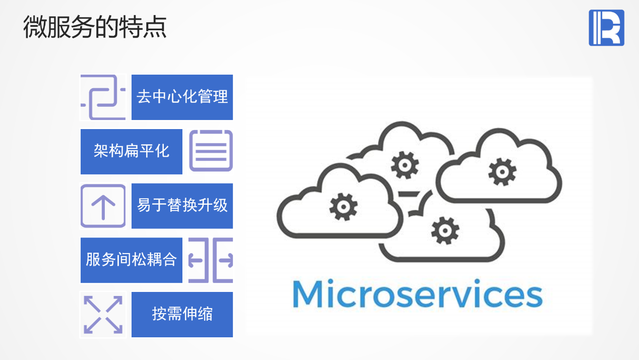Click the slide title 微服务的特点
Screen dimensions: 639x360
tap(95, 28)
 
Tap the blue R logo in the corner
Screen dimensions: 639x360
tap(606, 28)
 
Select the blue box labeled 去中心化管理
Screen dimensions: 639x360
tap(182, 97)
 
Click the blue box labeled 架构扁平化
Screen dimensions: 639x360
tap(132, 152)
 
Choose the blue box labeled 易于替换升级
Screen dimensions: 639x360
tap(182, 206)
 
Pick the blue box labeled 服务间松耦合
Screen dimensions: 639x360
tap(132, 260)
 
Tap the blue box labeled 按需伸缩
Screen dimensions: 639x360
tap(182, 314)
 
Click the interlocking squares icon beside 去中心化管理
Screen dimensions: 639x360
tap(103, 97)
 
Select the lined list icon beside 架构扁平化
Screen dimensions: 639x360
tap(211, 151)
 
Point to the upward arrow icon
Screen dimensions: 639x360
tap(103, 206)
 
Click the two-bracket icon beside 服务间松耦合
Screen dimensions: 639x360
tap(211, 260)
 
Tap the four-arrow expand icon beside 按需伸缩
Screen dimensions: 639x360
tap(103, 314)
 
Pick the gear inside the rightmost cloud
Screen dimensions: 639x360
tap(502, 171)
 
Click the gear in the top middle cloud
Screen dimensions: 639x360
tap(405, 165)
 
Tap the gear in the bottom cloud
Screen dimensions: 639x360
tap(445, 230)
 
